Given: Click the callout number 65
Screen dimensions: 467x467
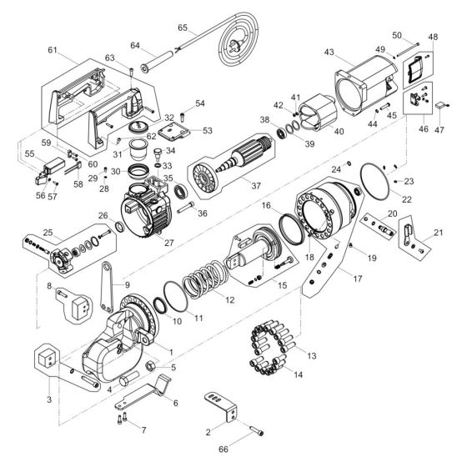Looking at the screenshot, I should [183, 28].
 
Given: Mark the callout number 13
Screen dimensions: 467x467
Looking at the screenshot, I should [289, 356].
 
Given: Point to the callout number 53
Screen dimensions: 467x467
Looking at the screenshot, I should [208, 130].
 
